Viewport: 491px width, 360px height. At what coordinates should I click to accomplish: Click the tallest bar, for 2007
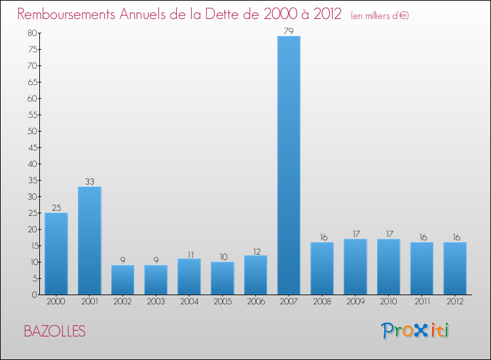click(289, 165)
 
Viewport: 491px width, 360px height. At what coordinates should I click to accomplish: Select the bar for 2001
click(89, 240)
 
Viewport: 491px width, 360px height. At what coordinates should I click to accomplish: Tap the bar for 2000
click(56, 253)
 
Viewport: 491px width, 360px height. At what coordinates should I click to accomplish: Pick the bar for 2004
click(189, 276)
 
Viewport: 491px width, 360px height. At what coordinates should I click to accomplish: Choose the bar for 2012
click(455, 268)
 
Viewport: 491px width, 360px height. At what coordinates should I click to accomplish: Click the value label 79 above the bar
click(289, 30)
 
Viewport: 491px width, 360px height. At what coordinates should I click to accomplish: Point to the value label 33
click(89, 181)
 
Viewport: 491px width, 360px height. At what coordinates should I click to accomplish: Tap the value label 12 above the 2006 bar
click(255, 250)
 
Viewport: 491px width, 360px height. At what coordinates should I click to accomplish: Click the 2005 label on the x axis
click(222, 302)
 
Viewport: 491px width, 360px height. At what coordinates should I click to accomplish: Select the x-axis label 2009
click(355, 302)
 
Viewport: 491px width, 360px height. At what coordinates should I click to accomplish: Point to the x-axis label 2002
click(122, 302)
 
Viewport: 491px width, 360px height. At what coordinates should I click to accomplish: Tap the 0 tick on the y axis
click(34, 295)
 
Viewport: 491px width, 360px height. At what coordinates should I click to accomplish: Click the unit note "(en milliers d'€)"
click(380, 15)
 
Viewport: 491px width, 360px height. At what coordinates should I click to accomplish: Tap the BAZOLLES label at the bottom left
click(54, 331)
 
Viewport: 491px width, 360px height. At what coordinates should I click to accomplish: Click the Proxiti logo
click(415, 331)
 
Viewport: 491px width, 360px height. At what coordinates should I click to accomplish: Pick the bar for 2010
click(388, 266)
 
